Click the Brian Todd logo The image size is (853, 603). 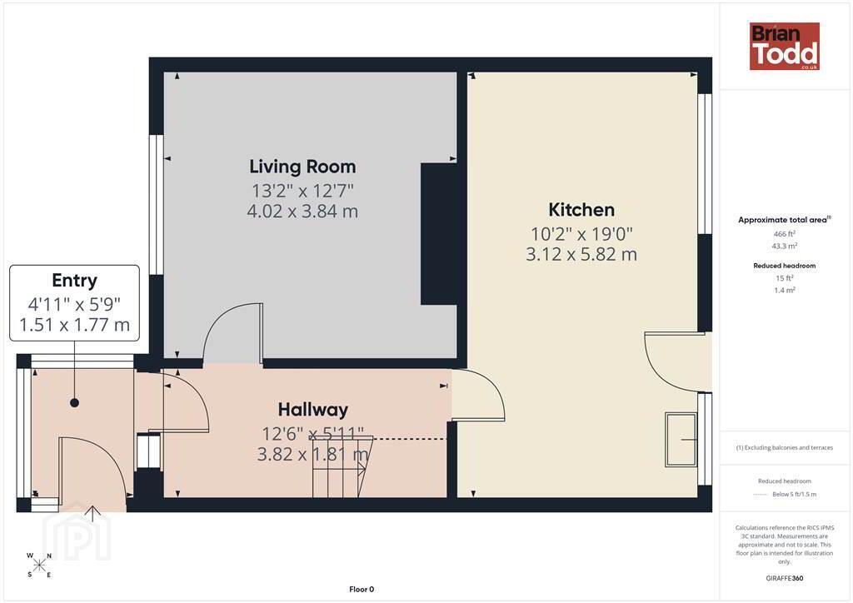(784, 46)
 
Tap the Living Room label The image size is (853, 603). (302, 167)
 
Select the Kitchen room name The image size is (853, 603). (581, 209)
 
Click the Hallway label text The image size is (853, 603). (313, 410)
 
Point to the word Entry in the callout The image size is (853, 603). (74, 281)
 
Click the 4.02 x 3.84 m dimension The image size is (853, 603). (302, 211)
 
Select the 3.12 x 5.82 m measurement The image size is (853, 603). (581, 254)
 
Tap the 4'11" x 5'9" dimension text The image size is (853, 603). (74, 304)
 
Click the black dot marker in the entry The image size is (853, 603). (74, 403)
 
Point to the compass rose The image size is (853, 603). (39, 565)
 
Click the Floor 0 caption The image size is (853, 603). (362, 590)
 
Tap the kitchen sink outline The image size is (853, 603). (681, 439)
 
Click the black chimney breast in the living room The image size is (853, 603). (438, 234)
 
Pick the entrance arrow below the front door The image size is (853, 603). (93, 513)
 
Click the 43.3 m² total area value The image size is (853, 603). (785, 247)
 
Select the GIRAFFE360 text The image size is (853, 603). (785, 578)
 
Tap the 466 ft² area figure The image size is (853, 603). (785, 234)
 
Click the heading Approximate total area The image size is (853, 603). (785, 220)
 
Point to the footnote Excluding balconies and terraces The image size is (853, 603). (785, 447)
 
